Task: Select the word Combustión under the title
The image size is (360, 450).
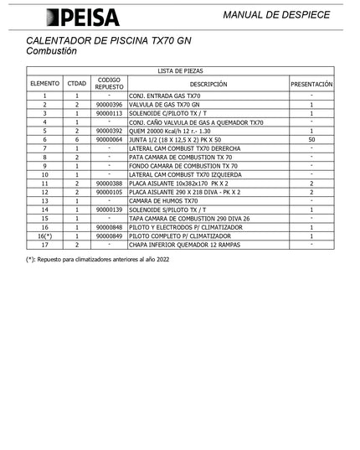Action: point(52,51)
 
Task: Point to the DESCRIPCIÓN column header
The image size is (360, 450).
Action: point(208,84)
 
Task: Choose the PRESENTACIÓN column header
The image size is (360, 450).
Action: point(311,84)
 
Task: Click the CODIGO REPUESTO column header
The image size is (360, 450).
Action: point(109,84)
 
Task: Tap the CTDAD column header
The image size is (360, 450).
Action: point(76,84)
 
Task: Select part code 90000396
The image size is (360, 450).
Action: point(109,105)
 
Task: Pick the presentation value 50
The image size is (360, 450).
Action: point(311,139)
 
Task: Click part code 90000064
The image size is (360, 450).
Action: point(109,139)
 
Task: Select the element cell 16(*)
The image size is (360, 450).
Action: point(45,236)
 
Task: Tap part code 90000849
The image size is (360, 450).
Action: point(109,236)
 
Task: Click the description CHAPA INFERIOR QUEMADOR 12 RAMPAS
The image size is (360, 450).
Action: point(185,245)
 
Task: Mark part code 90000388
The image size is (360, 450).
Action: point(109,184)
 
